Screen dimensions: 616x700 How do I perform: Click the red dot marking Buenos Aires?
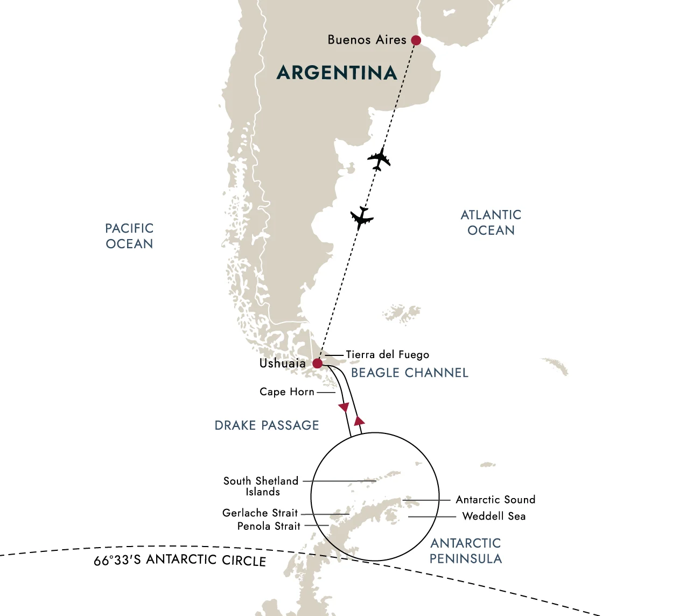(x=416, y=40)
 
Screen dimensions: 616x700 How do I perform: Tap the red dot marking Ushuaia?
(x=318, y=363)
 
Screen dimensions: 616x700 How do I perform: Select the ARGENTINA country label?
(x=337, y=73)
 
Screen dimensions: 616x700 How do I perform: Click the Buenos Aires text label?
(x=367, y=40)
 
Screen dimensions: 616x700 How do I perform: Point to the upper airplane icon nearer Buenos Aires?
(x=379, y=159)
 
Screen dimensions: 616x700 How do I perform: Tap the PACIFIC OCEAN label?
(x=129, y=236)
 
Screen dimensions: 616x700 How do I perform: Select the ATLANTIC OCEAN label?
(x=491, y=222)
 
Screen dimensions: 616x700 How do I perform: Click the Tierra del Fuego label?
(x=387, y=355)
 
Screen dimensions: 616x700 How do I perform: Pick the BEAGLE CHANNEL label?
(x=410, y=373)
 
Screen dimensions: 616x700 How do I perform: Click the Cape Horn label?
(x=286, y=392)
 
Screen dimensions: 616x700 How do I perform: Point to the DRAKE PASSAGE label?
(x=267, y=425)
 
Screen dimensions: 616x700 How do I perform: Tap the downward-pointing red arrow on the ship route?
(x=343, y=408)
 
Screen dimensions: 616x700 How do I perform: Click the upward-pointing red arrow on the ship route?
(x=359, y=420)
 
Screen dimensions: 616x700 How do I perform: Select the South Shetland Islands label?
(x=261, y=486)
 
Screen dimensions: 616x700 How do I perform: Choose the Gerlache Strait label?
(x=260, y=513)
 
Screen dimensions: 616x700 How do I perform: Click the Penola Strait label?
(x=269, y=526)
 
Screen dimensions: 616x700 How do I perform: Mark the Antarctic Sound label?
(x=495, y=500)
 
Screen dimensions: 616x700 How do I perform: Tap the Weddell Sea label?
(x=494, y=516)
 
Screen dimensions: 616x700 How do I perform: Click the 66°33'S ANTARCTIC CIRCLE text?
(x=180, y=560)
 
